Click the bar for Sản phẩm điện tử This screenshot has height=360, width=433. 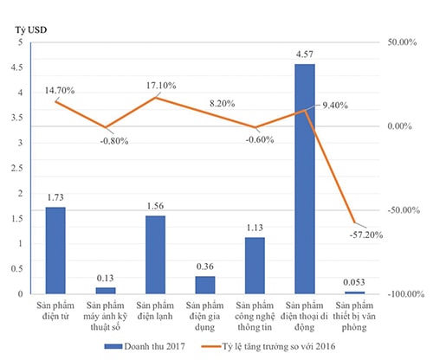[x=55, y=251]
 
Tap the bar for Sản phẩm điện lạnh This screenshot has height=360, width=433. [x=155, y=255]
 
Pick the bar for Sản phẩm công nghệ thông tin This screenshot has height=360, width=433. [x=255, y=266]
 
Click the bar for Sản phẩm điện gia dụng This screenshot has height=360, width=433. [x=205, y=285]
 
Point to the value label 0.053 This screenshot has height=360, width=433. [x=353, y=282]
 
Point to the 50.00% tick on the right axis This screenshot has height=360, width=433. [x=403, y=42]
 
